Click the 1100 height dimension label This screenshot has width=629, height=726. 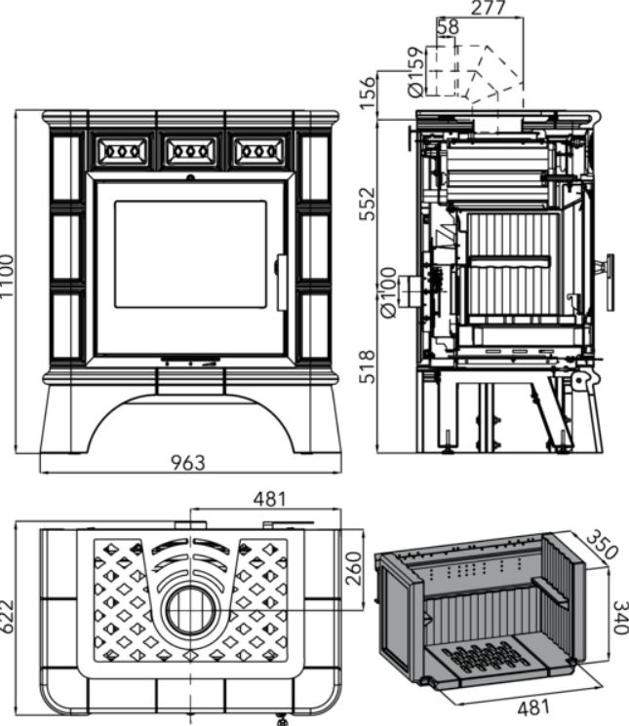click(x=9, y=277)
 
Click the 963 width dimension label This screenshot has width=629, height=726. click(x=188, y=462)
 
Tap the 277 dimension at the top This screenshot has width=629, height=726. click(x=486, y=10)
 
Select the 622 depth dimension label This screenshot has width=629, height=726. click(x=9, y=616)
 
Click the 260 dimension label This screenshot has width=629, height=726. click(x=353, y=566)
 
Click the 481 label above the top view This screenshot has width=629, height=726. click(x=269, y=499)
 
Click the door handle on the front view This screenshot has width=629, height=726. click(x=280, y=283)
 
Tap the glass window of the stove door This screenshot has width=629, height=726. click(x=190, y=255)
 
